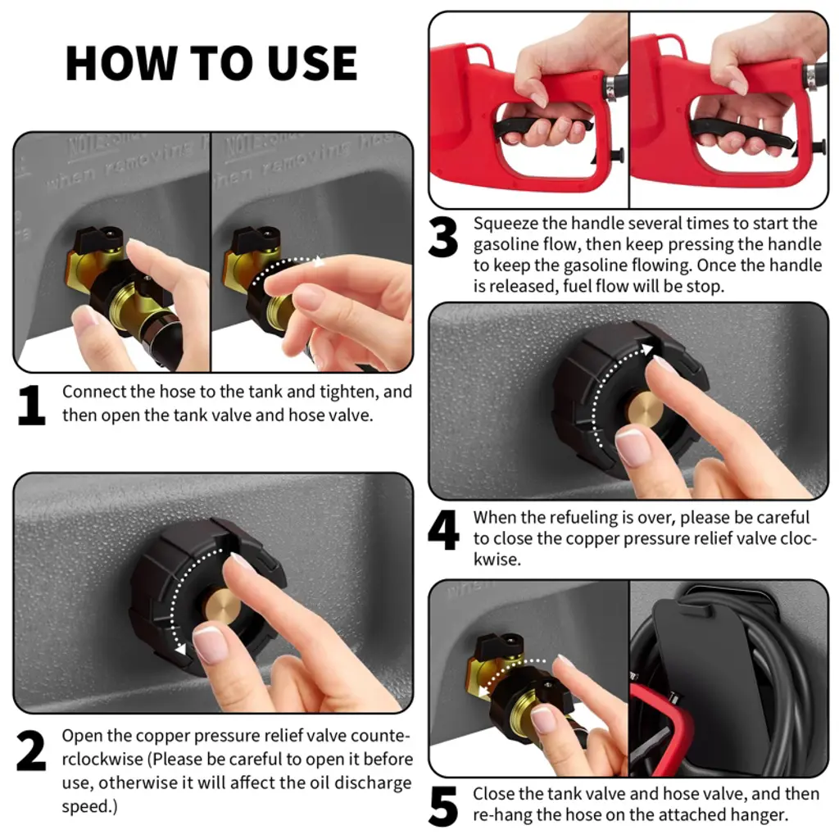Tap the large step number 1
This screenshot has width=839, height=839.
point(31,406)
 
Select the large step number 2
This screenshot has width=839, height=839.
point(31,751)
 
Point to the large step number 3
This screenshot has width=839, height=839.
point(443,236)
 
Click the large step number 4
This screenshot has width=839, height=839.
point(443,530)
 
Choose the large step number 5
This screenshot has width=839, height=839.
point(443,806)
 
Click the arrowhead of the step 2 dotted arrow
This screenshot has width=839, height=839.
point(181,649)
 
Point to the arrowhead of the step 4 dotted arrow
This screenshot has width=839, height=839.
point(647,349)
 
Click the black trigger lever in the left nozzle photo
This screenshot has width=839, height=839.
point(541,127)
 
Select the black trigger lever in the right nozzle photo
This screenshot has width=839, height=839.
point(741,133)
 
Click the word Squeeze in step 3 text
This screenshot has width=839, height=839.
point(505,224)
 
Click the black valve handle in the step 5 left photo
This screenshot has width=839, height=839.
point(493,644)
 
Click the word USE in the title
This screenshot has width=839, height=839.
point(312,63)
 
